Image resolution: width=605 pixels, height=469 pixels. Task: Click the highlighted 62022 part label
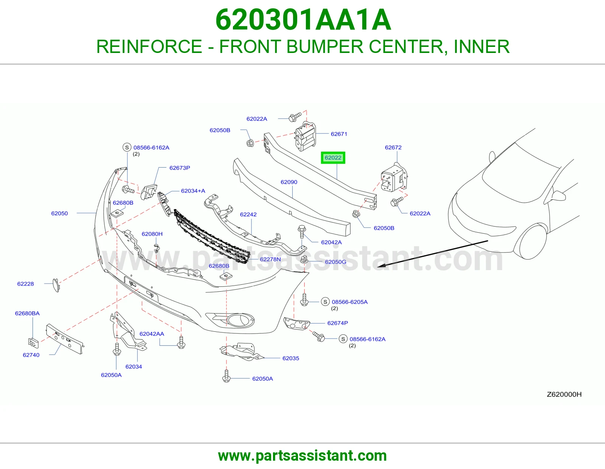pos(333,158)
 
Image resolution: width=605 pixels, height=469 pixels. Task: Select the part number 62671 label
pos(339,134)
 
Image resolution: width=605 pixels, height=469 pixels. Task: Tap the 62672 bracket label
pos(393,148)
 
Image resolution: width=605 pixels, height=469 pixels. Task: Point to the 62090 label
pos(289,182)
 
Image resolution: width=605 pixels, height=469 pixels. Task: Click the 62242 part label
pos(248,214)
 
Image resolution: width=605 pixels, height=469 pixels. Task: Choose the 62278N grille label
pos(270,259)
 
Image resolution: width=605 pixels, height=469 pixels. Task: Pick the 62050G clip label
pos(335,262)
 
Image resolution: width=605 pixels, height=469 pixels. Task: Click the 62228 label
pos(25,284)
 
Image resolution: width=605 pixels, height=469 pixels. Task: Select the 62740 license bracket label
pos(31,355)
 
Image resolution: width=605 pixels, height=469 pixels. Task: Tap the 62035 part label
pos(291,358)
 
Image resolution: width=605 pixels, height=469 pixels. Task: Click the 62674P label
pos(337,323)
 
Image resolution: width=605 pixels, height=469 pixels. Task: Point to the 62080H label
pos(152,234)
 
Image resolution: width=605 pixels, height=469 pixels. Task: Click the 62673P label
pos(180,168)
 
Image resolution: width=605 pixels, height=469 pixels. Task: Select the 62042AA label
pos(152,334)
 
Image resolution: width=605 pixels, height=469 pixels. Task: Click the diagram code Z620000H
pos(564,394)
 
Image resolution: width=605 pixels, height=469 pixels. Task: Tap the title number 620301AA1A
pos(303,20)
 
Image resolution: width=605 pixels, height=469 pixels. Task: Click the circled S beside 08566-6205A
pos(325,302)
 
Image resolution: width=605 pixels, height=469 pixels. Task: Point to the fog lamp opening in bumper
pos(241,320)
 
